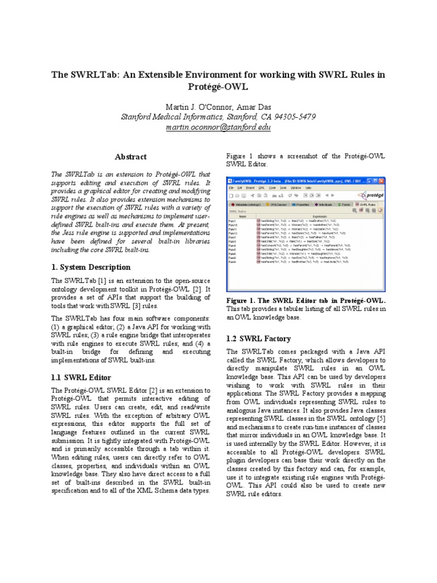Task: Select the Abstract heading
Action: (131, 157)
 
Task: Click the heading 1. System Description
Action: (91, 267)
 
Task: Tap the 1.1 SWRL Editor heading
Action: (81, 377)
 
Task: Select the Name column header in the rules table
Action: (242, 216)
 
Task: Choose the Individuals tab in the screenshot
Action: (324, 203)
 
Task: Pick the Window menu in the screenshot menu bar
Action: (295, 187)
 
